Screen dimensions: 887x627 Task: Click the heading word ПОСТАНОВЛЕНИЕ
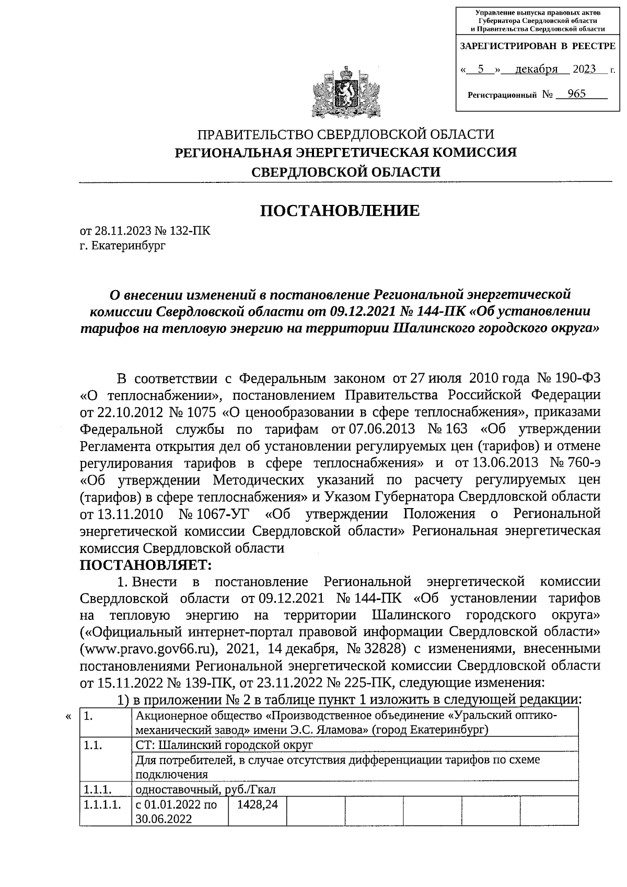click(340, 211)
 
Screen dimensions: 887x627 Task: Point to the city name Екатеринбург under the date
click(128, 245)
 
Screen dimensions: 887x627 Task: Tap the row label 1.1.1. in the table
click(99, 789)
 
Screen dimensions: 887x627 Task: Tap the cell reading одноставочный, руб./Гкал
click(205, 789)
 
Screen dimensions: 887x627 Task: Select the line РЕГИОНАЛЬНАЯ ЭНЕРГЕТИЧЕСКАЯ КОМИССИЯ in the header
click(345, 153)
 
